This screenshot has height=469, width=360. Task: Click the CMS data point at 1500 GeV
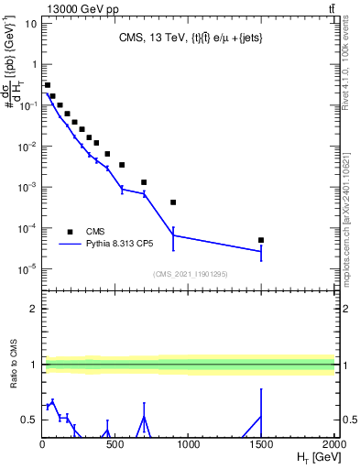tap(261, 240)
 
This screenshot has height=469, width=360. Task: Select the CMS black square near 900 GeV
tap(173, 202)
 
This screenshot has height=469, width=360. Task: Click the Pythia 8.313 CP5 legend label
tap(117, 245)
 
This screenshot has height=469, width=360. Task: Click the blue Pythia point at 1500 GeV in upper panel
tap(261, 251)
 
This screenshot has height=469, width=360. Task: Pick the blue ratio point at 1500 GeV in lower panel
tap(261, 417)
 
